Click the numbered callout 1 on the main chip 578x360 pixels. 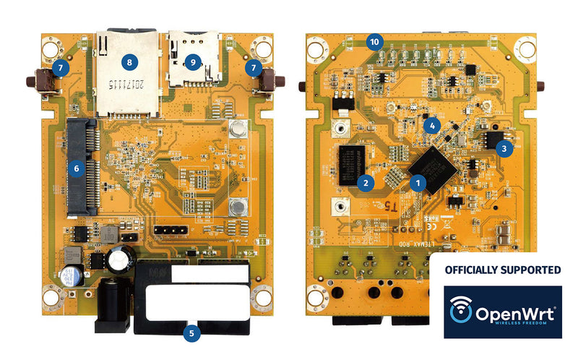(x=417, y=184)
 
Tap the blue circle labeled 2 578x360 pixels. (x=366, y=182)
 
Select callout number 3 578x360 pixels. (x=504, y=148)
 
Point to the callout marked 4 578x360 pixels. (x=432, y=124)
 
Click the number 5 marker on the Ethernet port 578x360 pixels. (x=191, y=334)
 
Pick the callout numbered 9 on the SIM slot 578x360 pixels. (x=192, y=62)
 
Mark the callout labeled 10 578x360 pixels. (x=374, y=41)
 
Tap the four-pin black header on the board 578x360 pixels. (x=171, y=230)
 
